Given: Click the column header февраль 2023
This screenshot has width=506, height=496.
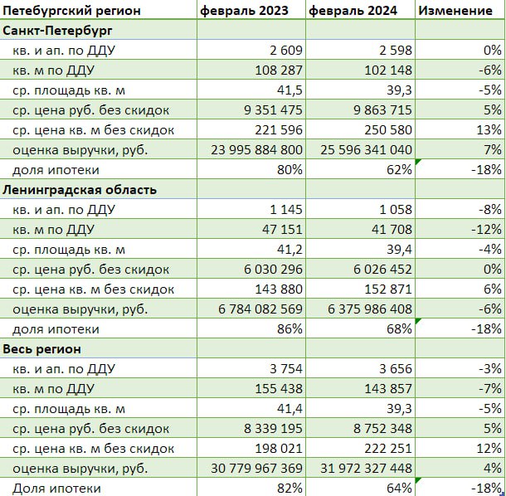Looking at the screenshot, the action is coord(244,11).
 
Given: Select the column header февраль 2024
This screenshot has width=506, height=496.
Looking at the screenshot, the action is coord(353,11).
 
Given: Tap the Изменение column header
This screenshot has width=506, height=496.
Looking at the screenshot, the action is coord(455,11).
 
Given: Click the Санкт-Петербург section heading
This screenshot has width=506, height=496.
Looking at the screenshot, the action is coord(57,31).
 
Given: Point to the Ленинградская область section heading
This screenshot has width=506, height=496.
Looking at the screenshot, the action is coord(80,190).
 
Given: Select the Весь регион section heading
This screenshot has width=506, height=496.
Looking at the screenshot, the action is coord(41,349).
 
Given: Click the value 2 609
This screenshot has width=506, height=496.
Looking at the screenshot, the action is coord(286,51).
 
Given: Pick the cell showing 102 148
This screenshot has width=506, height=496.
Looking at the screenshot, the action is coord(388,71).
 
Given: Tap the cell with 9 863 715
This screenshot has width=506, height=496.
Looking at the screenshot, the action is coord(382,110).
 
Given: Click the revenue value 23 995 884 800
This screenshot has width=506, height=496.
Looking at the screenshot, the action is coord(257,150).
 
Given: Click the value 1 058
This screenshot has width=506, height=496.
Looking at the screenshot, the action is coord(396,210).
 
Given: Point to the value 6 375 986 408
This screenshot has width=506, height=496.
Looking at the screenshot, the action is coord(370,309).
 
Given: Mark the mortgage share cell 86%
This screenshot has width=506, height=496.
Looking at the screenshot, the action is coord(289,329).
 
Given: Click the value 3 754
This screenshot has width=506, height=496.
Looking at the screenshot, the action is coord(286,369).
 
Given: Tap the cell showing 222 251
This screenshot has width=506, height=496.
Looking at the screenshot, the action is coord(388,449).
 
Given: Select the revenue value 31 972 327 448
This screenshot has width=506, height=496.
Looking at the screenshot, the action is coord(367,469).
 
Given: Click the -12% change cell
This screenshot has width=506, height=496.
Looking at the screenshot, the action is coord(486,230).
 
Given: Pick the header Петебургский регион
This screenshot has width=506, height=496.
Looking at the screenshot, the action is coord(71,11).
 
